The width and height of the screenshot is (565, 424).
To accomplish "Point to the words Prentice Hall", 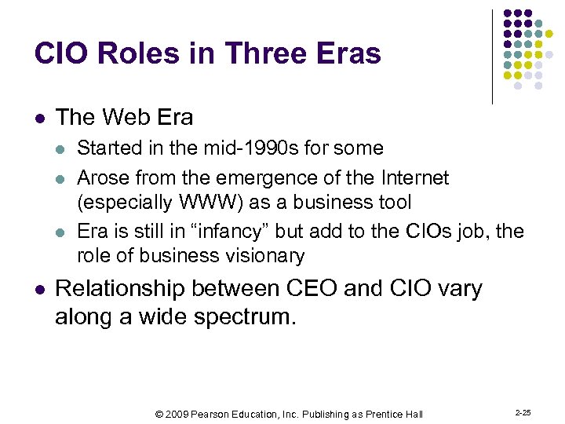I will (394, 414).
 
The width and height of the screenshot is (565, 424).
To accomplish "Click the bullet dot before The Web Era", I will (41, 119).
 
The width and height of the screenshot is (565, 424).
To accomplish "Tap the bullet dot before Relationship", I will (41, 289).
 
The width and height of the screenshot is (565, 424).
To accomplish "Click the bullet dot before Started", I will (63, 148).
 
